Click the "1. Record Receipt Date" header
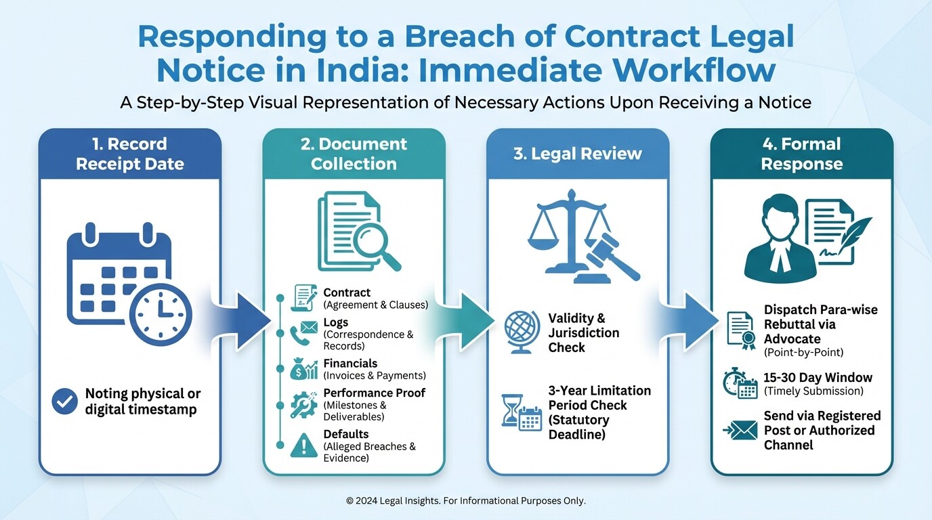coord(129,154)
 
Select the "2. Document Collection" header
coord(354,154)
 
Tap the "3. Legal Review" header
coord(578,154)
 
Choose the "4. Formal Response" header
coord(801,154)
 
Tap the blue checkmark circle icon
coord(64,402)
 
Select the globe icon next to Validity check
coord(521,332)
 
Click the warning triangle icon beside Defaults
coord(303,446)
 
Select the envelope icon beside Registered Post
coord(741,430)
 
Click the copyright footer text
coord(465,501)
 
